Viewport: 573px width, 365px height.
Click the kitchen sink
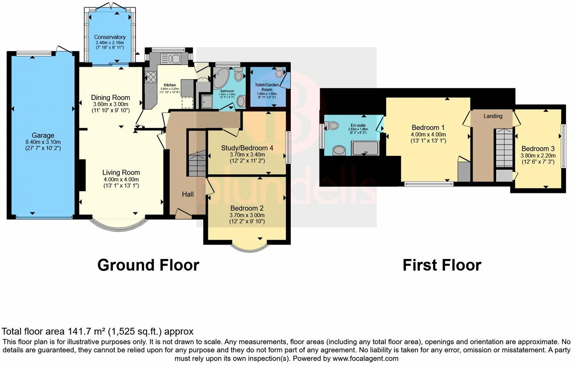click(171, 59)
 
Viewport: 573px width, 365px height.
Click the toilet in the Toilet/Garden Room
click(279, 73)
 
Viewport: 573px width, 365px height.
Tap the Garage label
click(43, 135)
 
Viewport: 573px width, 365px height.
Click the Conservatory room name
click(110, 37)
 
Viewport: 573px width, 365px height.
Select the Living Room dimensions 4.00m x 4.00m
click(121, 179)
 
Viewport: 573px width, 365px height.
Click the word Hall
click(188, 194)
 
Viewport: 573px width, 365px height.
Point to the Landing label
click(493, 116)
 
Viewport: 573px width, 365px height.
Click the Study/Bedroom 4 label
click(247, 148)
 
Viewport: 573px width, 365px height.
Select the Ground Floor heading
click(148, 265)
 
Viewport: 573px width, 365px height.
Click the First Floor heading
click(442, 265)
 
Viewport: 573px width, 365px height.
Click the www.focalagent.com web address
click(365, 359)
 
